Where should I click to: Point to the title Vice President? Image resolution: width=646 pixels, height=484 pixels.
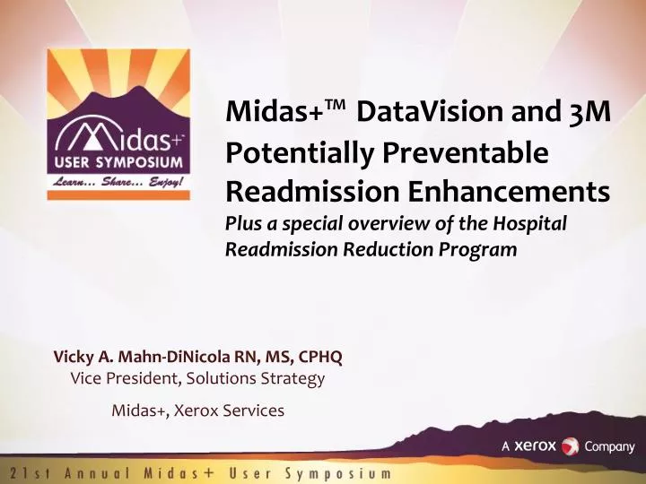click(x=116, y=379)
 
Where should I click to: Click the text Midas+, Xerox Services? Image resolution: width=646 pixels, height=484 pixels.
click(x=197, y=411)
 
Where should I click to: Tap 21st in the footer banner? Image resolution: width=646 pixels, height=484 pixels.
click(x=26, y=472)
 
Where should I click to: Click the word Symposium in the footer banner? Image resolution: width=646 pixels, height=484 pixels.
click(x=338, y=472)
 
